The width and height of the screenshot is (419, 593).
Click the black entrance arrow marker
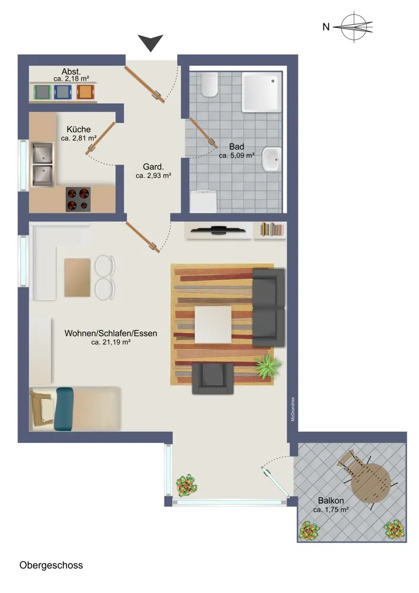150,42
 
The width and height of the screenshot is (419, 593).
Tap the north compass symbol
354,27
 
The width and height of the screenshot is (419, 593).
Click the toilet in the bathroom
209,84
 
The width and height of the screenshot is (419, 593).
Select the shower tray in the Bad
262,92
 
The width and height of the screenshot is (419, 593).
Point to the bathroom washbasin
272,160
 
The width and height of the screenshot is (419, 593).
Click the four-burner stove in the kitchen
78,199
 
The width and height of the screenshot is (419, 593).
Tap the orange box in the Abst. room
85,92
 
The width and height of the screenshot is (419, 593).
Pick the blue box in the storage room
62,92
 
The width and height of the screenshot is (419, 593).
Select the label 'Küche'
79,129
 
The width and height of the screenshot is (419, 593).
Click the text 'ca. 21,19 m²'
111,342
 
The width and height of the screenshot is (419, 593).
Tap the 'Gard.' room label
153,167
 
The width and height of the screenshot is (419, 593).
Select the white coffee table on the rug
213,324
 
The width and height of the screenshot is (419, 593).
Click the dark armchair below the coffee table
212,378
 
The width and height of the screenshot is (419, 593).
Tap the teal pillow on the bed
64,409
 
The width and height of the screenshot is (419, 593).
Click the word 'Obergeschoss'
51,565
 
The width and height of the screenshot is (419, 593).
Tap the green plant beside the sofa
268,366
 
